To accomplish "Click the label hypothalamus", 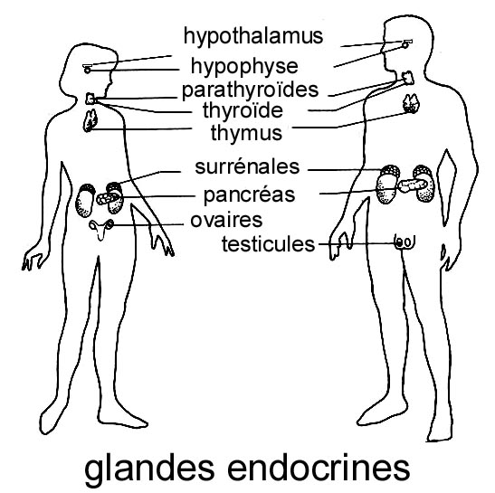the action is tap(253, 36).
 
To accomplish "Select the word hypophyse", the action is tap(244, 67).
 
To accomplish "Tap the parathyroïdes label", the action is tap(250, 90).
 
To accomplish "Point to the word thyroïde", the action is tap(243, 110).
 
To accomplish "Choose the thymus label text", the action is tap(246, 133).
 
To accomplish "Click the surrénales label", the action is tap(247, 166).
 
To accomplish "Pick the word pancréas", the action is tap(249, 194).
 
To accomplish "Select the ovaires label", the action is tap(226, 221).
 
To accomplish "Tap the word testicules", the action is tap(269, 244).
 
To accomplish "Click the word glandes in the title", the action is tap(149, 469).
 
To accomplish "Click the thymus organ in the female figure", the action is tap(90, 120).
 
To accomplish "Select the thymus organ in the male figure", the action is tap(412, 103).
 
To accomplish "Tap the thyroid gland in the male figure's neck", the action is tap(407, 78).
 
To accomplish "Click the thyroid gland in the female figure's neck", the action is tap(90, 99).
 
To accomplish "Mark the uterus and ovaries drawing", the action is tap(101, 229).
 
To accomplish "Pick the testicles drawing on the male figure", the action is tap(405, 242).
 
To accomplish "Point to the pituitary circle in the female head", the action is tap(88, 71).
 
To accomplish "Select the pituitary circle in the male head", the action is tap(405, 45).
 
